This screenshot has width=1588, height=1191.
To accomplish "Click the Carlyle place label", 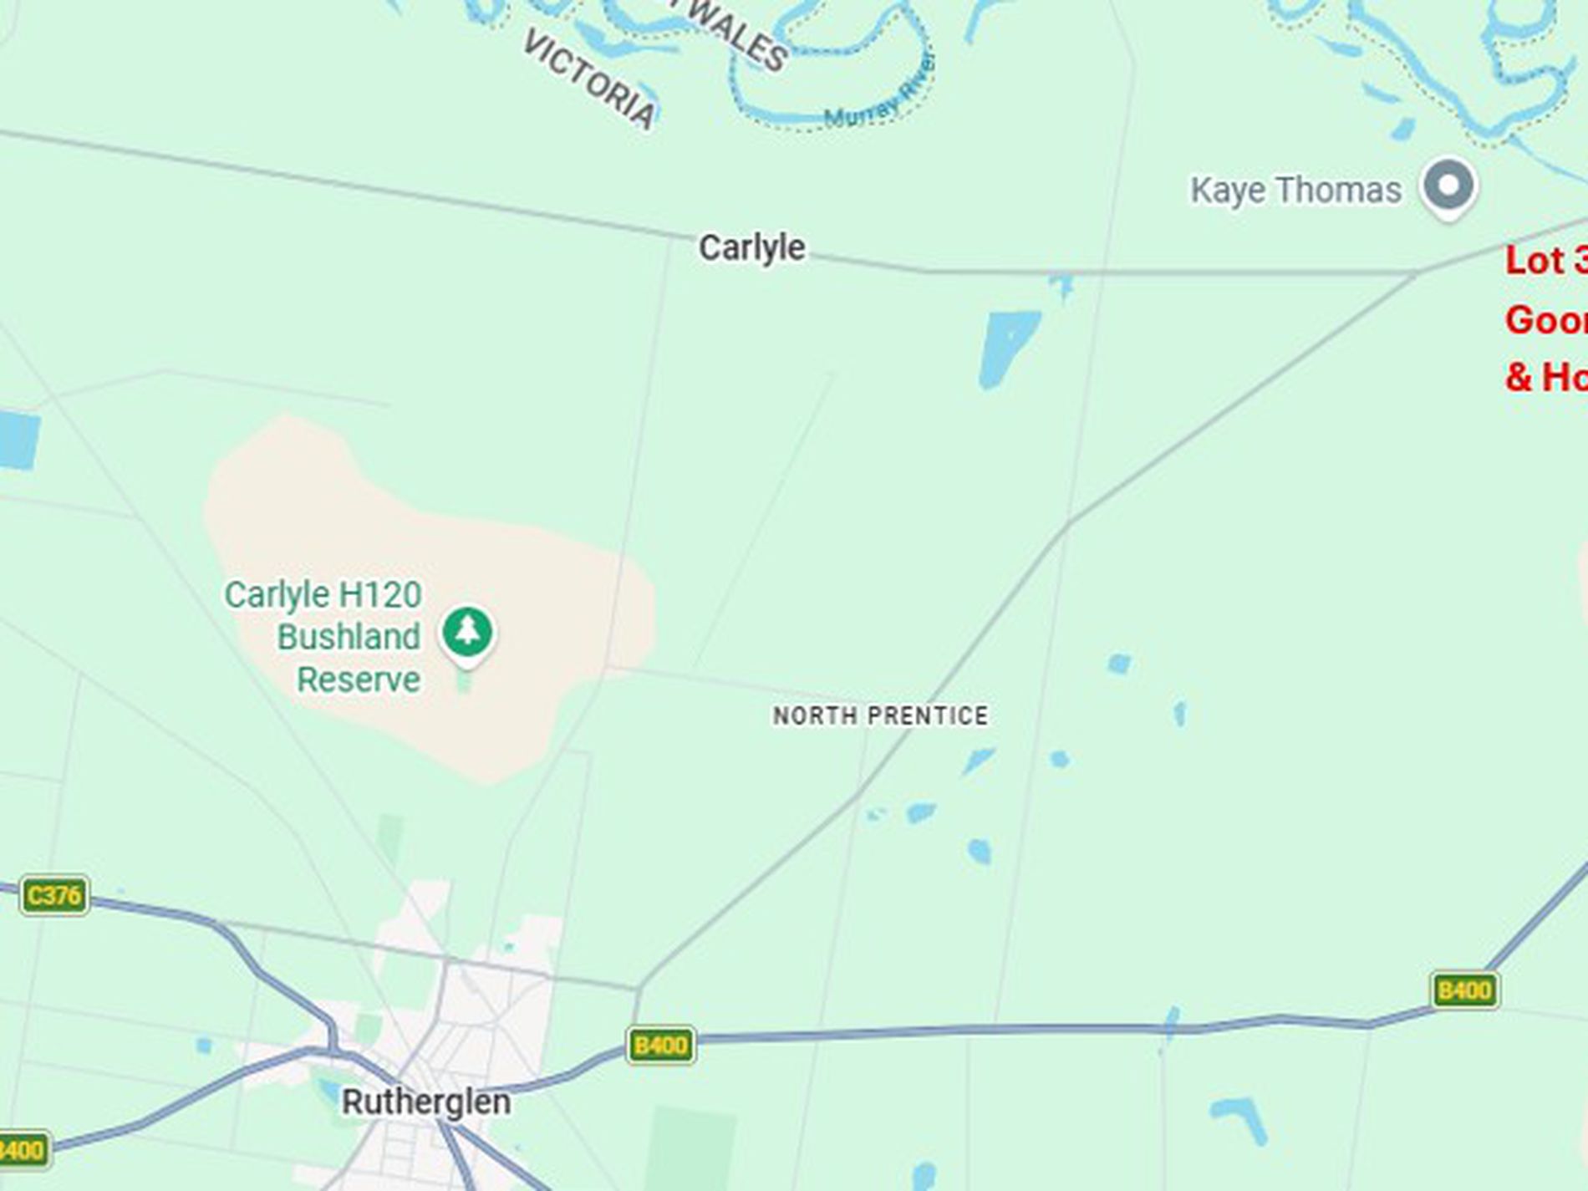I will click(x=751, y=247).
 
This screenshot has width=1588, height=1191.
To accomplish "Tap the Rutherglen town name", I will click(x=426, y=1102).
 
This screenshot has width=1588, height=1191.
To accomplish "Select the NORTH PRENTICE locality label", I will click(x=880, y=715).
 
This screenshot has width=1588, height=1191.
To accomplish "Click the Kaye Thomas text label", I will click(x=1295, y=190).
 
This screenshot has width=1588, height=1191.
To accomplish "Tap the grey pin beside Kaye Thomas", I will click(x=1449, y=186).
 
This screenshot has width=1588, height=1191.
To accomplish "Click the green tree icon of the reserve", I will click(x=468, y=632).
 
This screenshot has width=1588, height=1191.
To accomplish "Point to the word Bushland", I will click(x=349, y=637).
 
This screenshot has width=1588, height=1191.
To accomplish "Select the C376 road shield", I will click(x=54, y=896).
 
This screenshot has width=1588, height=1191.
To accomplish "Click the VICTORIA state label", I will click(x=588, y=80).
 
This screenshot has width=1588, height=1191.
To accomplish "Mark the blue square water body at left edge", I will click(x=19, y=439).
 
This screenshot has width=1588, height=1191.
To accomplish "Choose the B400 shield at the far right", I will click(x=1464, y=990).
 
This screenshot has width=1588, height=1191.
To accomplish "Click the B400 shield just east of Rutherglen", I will click(x=660, y=1045).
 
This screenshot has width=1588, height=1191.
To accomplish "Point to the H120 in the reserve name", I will click(x=380, y=595).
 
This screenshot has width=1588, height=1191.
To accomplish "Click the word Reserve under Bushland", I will click(x=359, y=679).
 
